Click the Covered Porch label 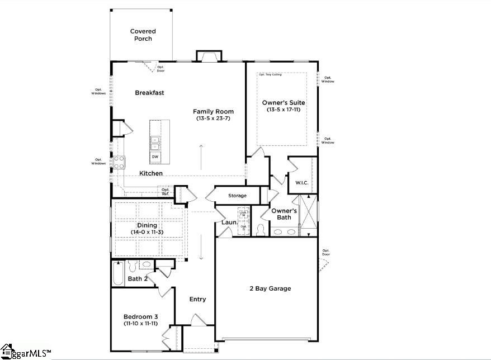(143, 35)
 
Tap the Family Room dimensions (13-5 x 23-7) (213, 119)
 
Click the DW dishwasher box (155, 157)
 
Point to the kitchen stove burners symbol (119, 162)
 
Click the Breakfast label (149, 93)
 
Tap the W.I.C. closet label (295, 183)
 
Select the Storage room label (237, 196)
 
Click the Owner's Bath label (284, 214)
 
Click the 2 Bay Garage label (270, 288)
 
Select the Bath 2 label (137, 278)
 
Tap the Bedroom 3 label (140, 316)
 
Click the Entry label (197, 299)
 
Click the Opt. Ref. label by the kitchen (166, 192)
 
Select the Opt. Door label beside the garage (325, 253)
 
